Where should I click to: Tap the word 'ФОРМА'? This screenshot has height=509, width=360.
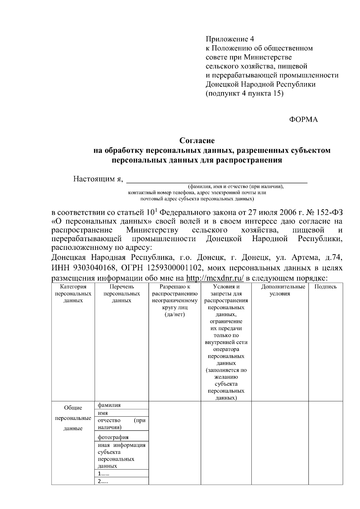[x=303, y=120]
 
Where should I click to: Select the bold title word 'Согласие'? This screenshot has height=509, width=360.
[x=197, y=140]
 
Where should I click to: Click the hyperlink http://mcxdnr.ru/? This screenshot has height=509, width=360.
[x=215, y=278]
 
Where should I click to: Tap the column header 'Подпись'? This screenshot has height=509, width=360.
[x=325, y=287]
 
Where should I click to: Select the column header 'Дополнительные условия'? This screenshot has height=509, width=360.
[x=280, y=290]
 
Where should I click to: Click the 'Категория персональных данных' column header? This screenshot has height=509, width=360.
[x=73, y=293]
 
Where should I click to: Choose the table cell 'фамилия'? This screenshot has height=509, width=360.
[x=109, y=405]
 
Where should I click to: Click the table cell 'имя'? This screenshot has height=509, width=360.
[x=103, y=413]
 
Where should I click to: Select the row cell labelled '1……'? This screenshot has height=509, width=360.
[x=103, y=474]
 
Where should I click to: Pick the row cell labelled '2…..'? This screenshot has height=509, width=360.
[x=103, y=481]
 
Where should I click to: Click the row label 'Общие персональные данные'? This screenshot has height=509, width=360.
[x=73, y=418]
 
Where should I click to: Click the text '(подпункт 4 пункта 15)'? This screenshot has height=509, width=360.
[x=244, y=93]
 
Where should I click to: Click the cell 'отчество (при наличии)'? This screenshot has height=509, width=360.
[x=121, y=424]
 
